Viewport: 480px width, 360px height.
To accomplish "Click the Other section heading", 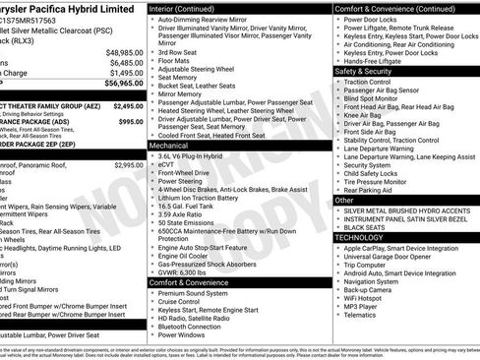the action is point(345,200).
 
